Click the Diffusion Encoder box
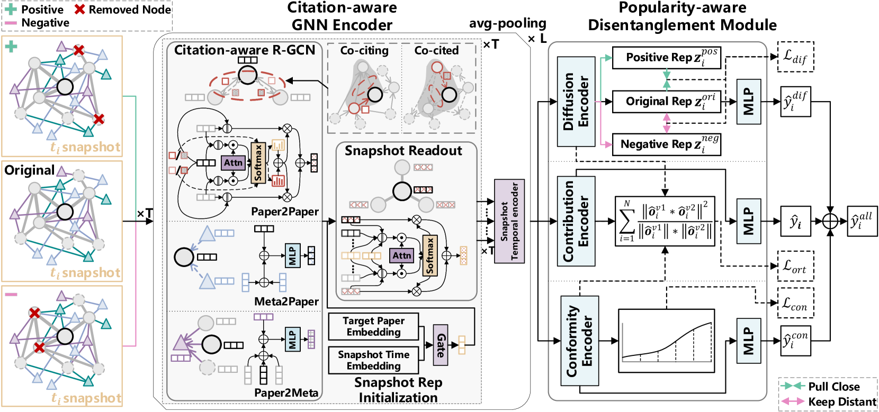pos(576,102)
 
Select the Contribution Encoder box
pos(576,221)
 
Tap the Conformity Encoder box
pos(579,341)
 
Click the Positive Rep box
pos(667,58)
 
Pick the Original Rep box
pos(667,102)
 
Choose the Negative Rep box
pos(667,144)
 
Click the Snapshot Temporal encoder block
pos(509,221)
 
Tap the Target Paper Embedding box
pos(373,326)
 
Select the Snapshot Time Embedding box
pos(373,360)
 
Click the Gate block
pos(441,345)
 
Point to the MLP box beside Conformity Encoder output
pos(748,341)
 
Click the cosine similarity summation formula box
pos(665,221)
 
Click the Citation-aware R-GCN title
pos(245,50)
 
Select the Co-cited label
pos(436,51)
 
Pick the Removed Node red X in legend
pos(80,10)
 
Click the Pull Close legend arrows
pos(792,387)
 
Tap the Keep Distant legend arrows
pos(792,402)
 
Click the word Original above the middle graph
pos(29,170)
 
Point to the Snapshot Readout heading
pos(403,151)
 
